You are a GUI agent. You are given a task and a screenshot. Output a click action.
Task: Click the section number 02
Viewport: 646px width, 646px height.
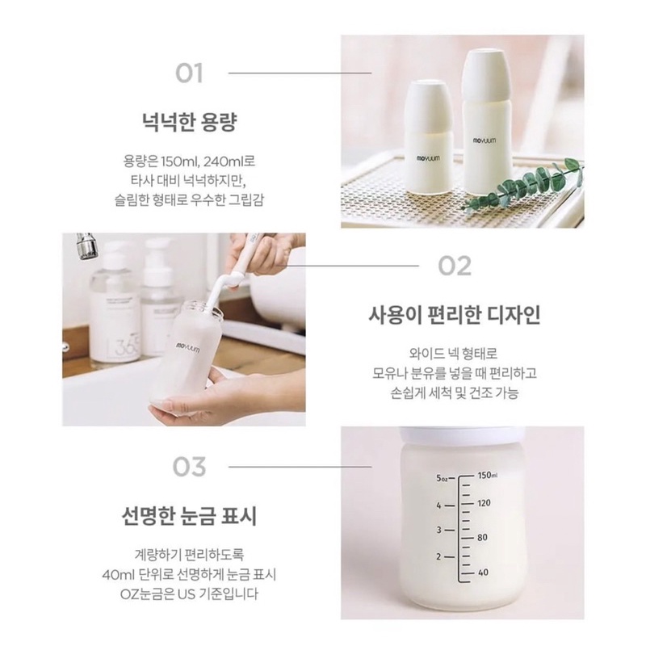tap(454, 265)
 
